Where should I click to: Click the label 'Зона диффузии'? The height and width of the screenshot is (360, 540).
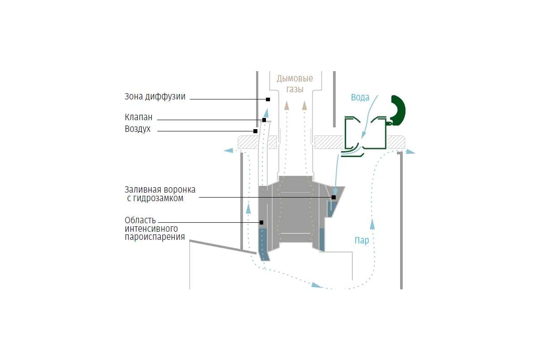click(x=155, y=97)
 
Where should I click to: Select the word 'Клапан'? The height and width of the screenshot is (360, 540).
click(x=139, y=117)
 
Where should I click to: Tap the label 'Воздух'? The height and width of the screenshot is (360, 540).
click(x=137, y=129)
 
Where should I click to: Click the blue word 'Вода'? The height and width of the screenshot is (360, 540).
click(x=360, y=97)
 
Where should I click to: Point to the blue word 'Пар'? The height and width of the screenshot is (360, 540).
click(x=362, y=240)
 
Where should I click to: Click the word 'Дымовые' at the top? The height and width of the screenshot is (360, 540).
click(x=295, y=79)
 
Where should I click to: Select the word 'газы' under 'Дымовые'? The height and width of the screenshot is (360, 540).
click(x=295, y=90)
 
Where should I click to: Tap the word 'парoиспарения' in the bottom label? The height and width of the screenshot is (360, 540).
click(x=155, y=237)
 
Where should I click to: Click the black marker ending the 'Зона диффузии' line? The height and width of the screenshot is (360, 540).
click(x=268, y=99)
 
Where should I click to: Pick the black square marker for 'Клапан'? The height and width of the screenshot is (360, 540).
click(x=264, y=120)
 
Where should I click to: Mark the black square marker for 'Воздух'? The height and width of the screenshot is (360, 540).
click(x=255, y=131)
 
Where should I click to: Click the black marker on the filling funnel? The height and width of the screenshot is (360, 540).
click(x=333, y=197)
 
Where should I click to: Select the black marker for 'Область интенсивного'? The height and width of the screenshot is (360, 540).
click(x=261, y=222)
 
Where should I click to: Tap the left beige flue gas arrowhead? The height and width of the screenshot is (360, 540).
click(x=286, y=106)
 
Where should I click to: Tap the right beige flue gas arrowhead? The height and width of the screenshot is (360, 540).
click(x=305, y=106)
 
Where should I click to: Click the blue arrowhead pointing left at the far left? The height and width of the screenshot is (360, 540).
click(x=229, y=151)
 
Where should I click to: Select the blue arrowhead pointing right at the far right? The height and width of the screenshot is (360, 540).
click(x=410, y=152)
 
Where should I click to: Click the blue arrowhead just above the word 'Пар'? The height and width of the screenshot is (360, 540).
click(x=373, y=224)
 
